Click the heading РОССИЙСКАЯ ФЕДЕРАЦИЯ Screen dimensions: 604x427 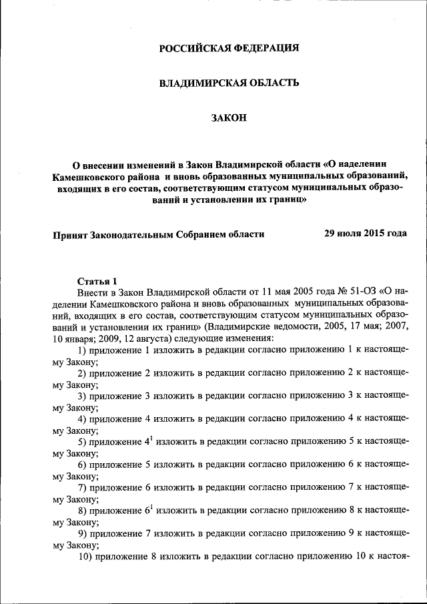229,47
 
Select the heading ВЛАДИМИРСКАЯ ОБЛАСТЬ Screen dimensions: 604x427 229,83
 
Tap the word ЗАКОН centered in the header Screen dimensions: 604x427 229,118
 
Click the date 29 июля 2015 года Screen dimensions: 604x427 365,234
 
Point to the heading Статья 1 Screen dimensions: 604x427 97,280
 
